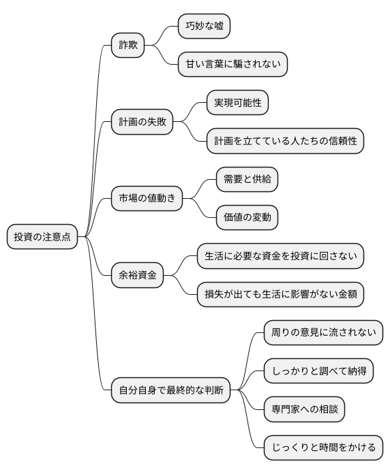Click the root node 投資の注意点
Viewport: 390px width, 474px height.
pos(42,237)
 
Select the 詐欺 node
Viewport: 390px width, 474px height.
pos(128,46)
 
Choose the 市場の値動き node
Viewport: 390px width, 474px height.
pos(147,199)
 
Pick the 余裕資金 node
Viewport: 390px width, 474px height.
pos(137,275)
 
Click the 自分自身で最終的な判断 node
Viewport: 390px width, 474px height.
pos(171,391)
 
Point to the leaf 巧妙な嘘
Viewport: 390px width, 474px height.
pos(204,27)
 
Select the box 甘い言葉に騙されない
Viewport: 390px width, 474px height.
pos(232,65)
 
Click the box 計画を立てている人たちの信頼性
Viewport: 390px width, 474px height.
pos(285,141)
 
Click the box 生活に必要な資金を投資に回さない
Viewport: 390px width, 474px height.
pos(280,256)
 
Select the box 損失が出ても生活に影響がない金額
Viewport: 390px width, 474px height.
pos(280,294)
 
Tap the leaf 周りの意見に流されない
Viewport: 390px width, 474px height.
pos(323,333)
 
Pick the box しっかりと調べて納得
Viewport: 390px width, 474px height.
pos(318,371)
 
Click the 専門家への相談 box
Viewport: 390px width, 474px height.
pos(304,409)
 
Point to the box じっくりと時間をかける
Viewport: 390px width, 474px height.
pos(323,447)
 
